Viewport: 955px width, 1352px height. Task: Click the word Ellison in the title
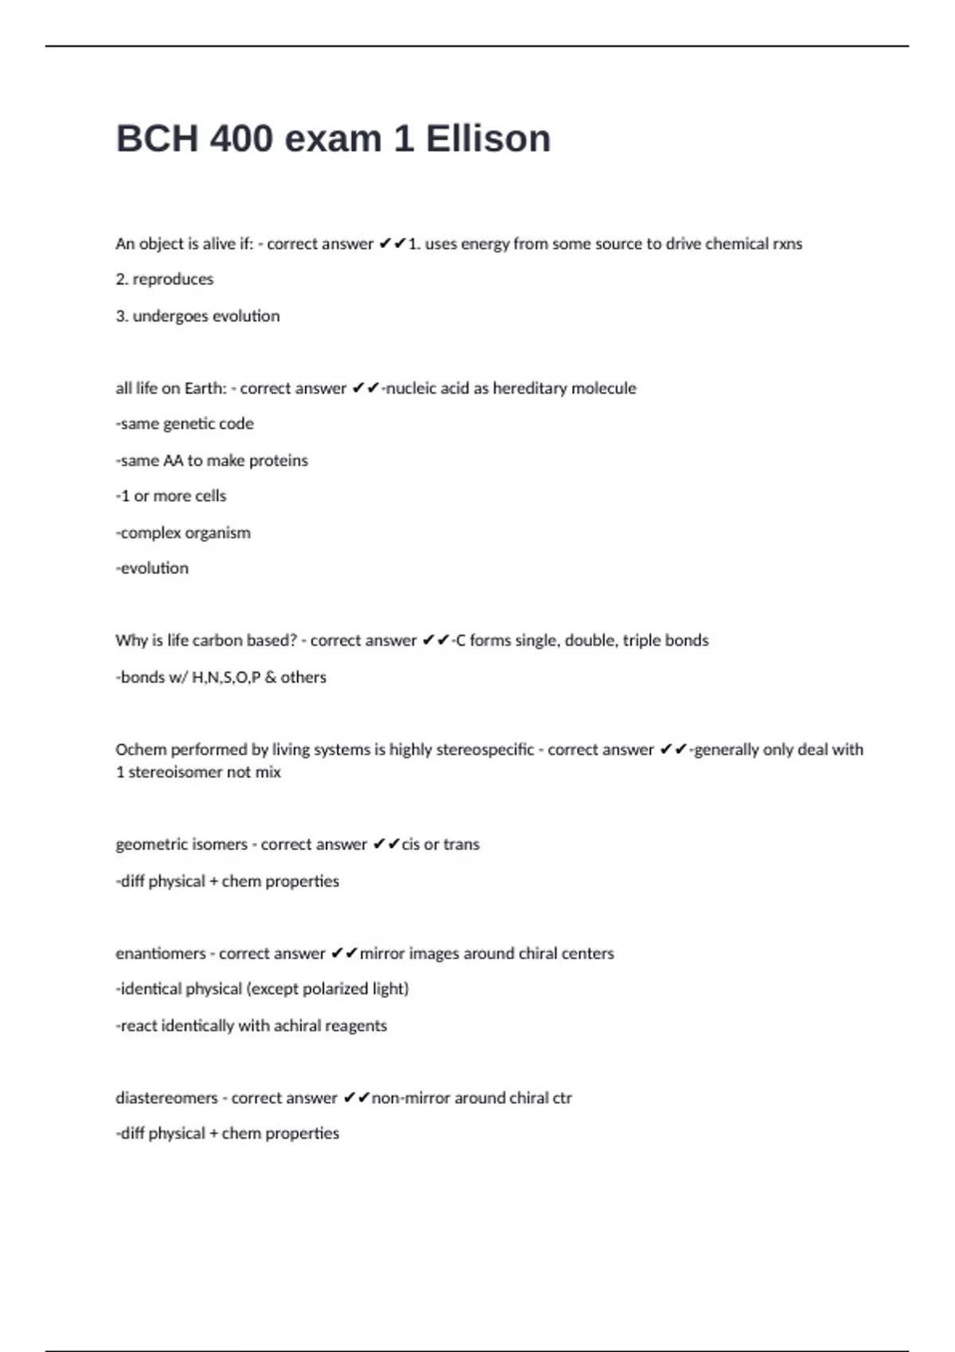(x=488, y=139)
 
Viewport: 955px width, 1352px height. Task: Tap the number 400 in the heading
(x=241, y=139)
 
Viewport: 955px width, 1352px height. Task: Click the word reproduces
(x=173, y=279)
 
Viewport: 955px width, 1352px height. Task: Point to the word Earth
(x=206, y=388)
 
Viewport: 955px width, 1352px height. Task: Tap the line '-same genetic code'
(x=185, y=424)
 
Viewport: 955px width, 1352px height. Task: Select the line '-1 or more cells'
(x=171, y=496)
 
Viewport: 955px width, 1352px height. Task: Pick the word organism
(x=217, y=533)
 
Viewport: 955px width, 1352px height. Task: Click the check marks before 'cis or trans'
(x=386, y=844)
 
